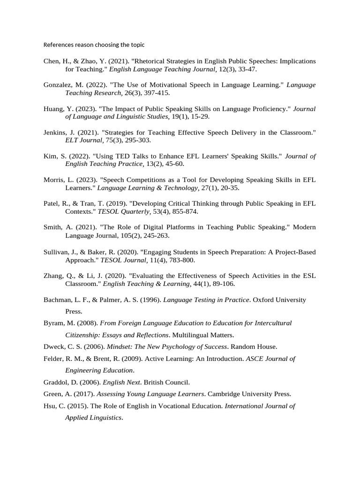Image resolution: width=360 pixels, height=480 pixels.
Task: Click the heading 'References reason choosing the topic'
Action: [94, 45]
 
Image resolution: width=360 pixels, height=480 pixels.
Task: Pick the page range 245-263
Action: [156, 235]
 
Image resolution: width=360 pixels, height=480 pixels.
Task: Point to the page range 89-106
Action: [221, 284]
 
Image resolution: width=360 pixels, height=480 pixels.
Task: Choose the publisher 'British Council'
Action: [166, 382]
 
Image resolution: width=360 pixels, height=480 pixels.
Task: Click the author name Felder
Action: [53, 359]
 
